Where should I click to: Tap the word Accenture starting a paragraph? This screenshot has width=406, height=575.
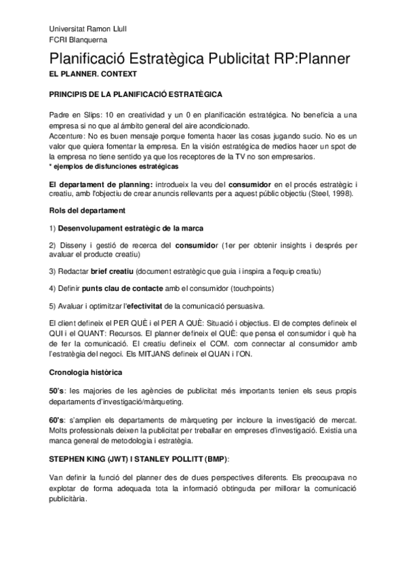tap(66, 136)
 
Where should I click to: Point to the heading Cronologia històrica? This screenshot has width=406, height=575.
tap(85, 372)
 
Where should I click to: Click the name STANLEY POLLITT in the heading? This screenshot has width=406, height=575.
tap(180, 458)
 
